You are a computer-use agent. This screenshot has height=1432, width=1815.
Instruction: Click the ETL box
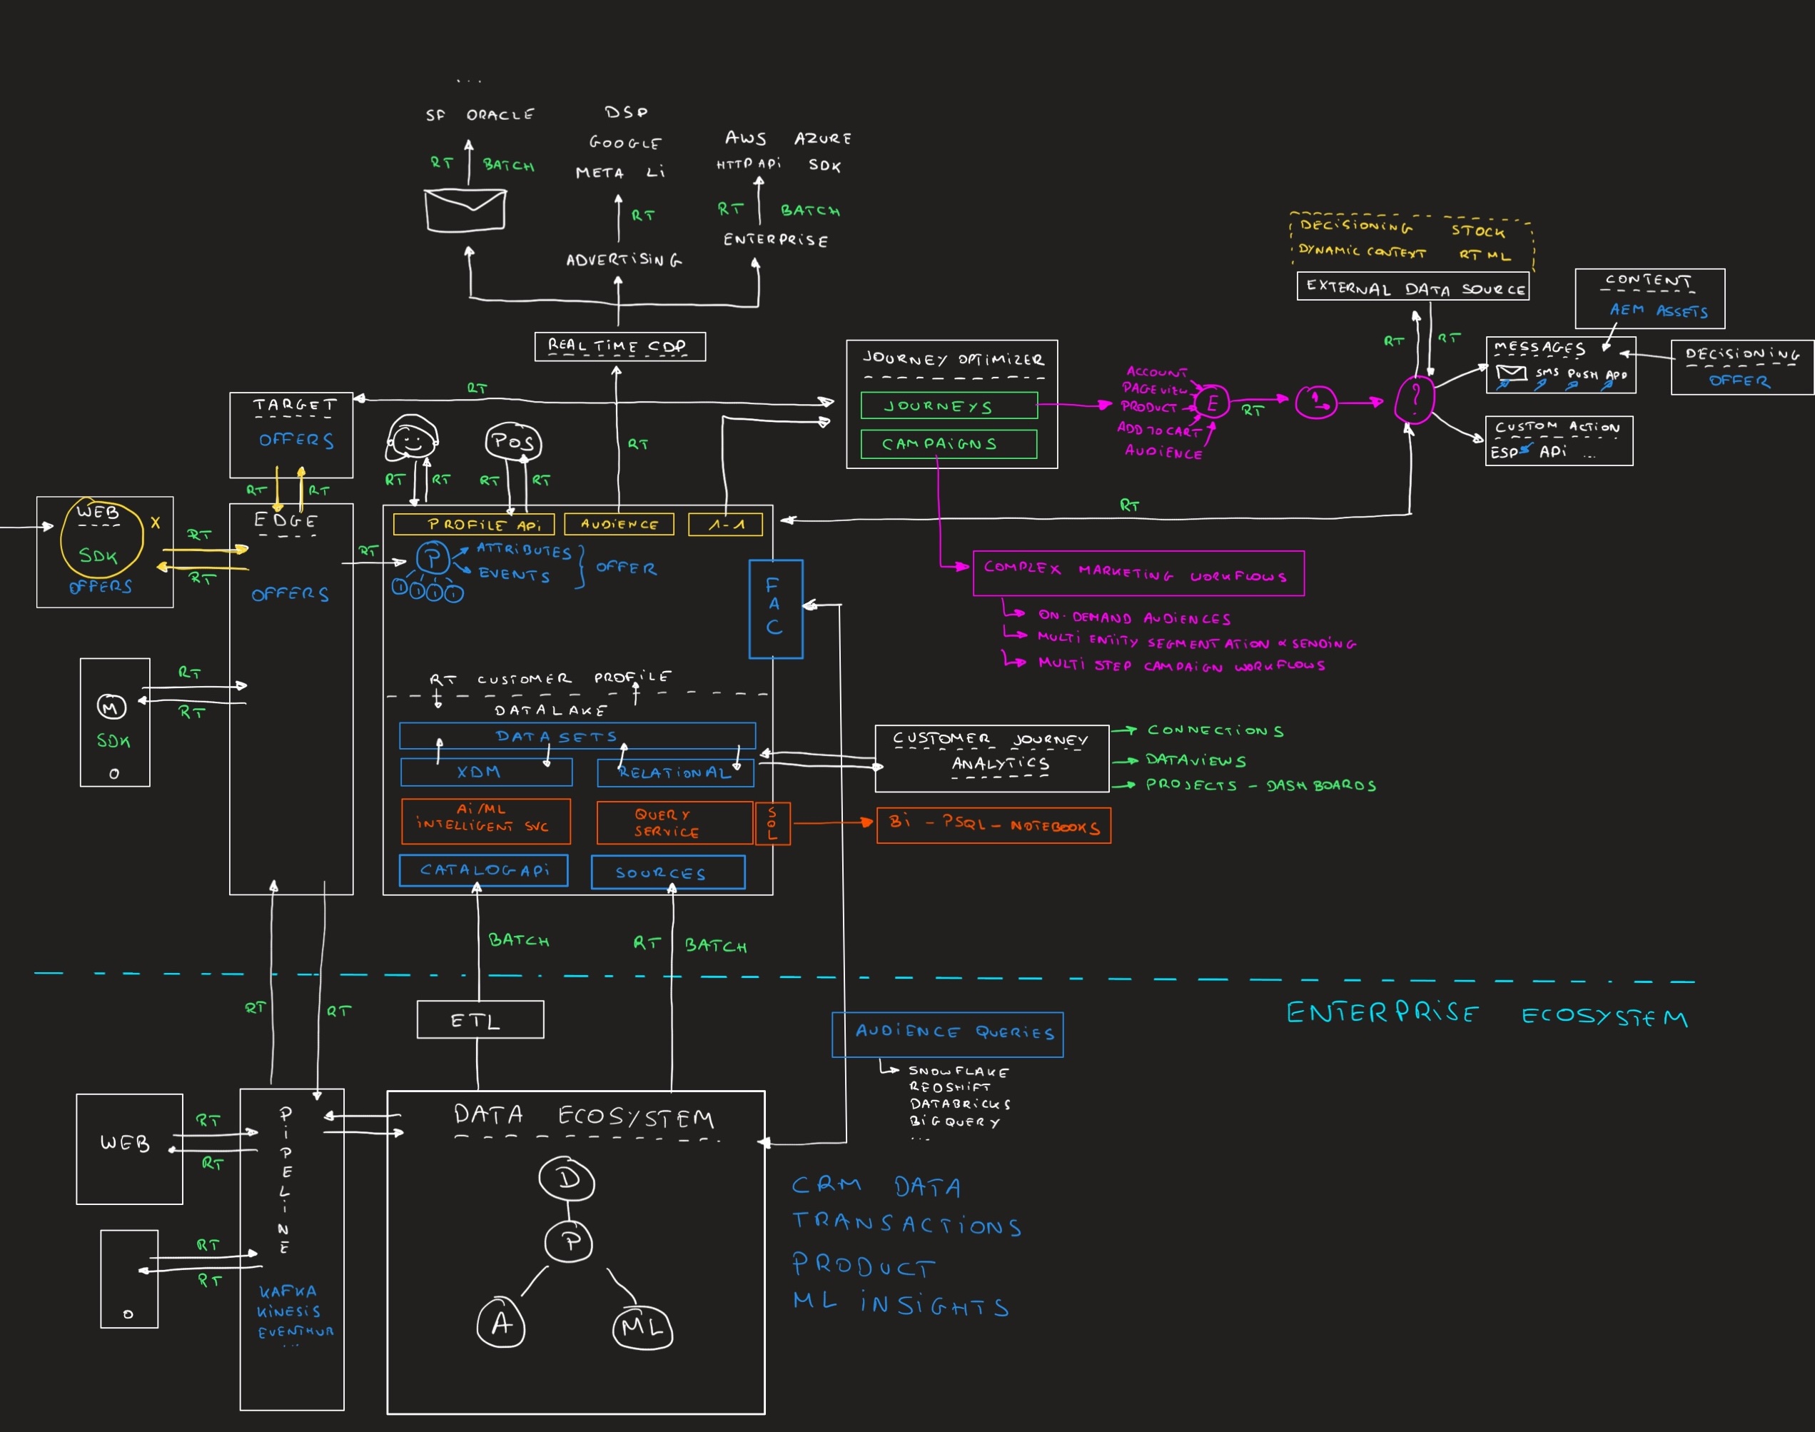coord(480,1019)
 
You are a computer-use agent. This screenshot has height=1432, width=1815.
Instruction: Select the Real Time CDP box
coord(620,346)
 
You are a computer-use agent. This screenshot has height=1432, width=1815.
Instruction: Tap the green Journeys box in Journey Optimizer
coord(948,405)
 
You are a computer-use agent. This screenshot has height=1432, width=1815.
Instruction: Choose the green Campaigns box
coord(948,443)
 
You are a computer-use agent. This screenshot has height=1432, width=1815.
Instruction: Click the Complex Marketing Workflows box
coord(1138,573)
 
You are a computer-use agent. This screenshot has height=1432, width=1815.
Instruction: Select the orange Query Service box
coord(674,822)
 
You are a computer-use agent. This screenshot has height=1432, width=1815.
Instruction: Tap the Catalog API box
coord(484,870)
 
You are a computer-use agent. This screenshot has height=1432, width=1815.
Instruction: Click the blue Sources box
coord(667,872)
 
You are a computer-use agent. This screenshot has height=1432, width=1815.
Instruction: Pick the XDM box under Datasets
coord(486,772)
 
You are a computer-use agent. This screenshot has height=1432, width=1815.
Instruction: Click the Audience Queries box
coord(947,1034)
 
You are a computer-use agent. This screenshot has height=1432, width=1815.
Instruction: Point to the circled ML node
coord(642,1326)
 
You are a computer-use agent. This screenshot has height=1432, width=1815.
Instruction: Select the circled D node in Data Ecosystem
coord(567,1179)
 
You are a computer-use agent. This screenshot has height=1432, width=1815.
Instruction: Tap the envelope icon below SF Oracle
coord(465,210)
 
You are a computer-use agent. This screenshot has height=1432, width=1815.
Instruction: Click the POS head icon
coord(513,442)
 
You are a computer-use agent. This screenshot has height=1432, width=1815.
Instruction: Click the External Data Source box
coord(1412,287)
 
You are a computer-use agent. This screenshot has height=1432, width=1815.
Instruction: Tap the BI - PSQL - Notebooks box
coord(994,826)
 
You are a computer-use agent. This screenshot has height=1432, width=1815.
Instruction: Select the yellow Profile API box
coord(474,524)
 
